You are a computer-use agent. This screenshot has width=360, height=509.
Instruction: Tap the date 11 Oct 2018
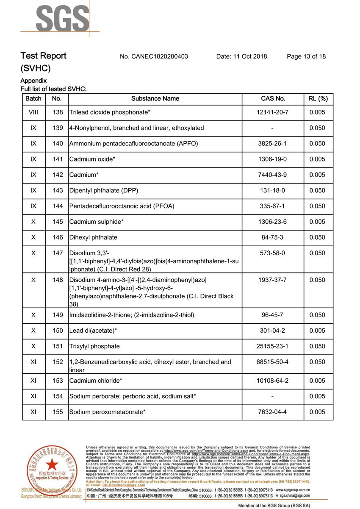click(x=241, y=56)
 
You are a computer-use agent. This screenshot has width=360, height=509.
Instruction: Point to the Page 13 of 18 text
click(x=306, y=56)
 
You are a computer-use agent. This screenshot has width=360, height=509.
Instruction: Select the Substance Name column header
click(x=155, y=99)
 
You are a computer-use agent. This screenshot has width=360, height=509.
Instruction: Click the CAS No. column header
click(x=273, y=99)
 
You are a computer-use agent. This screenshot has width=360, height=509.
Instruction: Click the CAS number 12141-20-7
click(x=272, y=112)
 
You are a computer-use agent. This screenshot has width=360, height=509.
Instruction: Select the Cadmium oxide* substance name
click(x=92, y=159)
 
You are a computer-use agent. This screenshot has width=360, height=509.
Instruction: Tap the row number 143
click(x=58, y=191)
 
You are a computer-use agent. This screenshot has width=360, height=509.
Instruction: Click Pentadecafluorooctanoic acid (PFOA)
click(x=122, y=206)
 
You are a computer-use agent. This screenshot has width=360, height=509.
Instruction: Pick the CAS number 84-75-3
click(x=272, y=237)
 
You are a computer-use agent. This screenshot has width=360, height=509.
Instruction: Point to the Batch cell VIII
click(x=33, y=112)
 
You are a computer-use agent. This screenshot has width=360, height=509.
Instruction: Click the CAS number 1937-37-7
click(x=272, y=280)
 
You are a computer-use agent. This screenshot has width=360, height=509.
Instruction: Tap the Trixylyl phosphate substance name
click(x=94, y=347)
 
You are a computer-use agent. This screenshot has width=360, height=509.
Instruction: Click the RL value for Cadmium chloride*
click(x=317, y=381)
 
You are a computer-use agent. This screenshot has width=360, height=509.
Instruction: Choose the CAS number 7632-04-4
click(x=272, y=412)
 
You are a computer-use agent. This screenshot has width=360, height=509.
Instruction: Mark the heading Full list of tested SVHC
click(x=53, y=89)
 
